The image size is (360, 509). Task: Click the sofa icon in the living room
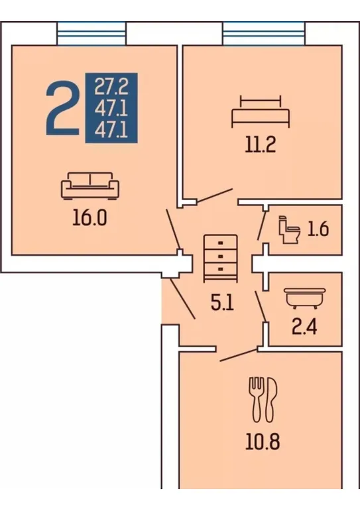click(x=90, y=186)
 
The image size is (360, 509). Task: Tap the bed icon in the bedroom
click(x=261, y=111)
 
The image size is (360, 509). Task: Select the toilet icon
click(x=289, y=229)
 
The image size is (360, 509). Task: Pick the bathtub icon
click(x=304, y=298)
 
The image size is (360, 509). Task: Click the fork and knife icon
click(x=263, y=400)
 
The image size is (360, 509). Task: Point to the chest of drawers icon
click(x=221, y=258)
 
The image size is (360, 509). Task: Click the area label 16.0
click(x=90, y=218)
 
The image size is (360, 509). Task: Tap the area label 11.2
click(x=261, y=144)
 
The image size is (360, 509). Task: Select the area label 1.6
click(x=318, y=229)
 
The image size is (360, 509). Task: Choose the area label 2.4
click(x=304, y=327)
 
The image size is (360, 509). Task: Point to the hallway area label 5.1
click(x=222, y=304)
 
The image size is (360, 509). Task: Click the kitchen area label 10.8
click(x=263, y=441)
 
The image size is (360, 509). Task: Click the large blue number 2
click(x=62, y=108)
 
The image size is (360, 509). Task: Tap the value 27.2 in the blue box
click(x=111, y=87)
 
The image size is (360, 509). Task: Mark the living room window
click(x=91, y=33)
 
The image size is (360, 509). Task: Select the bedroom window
click(x=264, y=33)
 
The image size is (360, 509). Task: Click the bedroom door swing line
click(x=215, y=196)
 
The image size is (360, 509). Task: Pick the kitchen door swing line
click(x=239, y=355)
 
